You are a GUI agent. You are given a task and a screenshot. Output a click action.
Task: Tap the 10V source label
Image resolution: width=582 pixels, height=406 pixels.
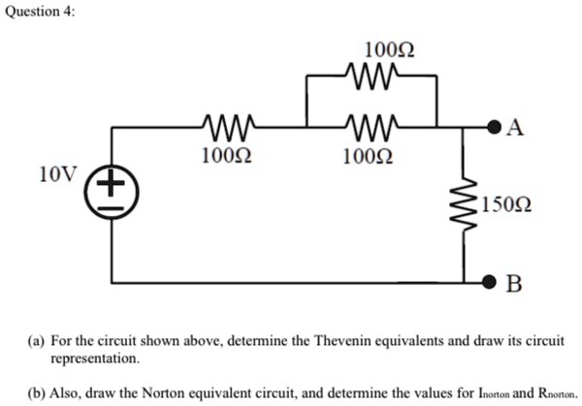[x=54, y=174]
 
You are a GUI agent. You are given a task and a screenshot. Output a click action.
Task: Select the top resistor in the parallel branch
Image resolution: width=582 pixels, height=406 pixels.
[x=372, y=75]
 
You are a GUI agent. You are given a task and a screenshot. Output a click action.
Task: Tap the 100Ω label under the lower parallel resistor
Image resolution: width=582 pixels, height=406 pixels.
[x=371, y=154]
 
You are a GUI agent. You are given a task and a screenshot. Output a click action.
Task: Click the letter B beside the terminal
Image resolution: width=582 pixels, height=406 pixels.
[x=514, y=284]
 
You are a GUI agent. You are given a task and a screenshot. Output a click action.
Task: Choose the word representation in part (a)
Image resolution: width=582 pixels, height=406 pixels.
[x=95, y=358]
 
